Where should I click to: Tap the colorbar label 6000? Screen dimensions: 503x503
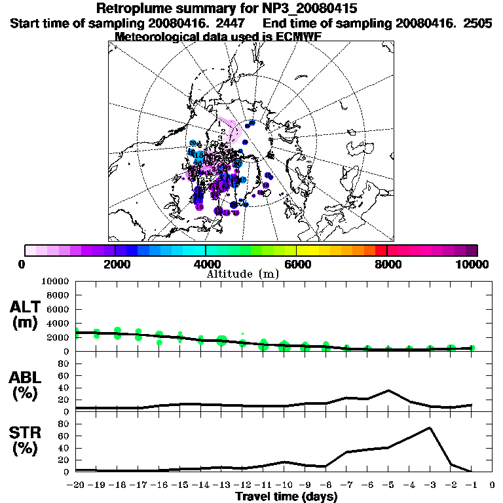click(297, 264)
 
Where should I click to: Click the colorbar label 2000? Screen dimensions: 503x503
click(115, 264)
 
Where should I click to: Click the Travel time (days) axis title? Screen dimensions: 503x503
click(286, 496)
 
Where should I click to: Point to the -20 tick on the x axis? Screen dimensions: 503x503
click(75, 485)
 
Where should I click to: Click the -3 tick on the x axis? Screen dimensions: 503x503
click(429, 485)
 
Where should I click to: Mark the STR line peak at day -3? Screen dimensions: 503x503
click(430, 428)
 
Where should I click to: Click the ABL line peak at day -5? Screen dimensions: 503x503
click(388, 390)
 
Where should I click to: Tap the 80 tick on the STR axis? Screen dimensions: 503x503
click(64, 424)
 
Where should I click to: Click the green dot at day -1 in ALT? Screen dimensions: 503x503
click(472, 348)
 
